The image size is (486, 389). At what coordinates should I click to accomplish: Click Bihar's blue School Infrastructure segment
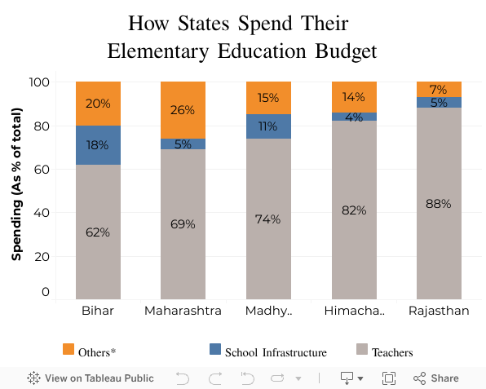point(98,145)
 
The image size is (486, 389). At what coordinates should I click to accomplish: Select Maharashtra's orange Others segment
point(183,110)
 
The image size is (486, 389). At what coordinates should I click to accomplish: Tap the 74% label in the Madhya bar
point(267,219)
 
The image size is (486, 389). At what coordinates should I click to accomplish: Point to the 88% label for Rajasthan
point(438,204)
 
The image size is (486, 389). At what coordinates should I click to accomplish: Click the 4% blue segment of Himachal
point(354,117)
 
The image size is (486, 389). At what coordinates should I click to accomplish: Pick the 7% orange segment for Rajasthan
point(439,89)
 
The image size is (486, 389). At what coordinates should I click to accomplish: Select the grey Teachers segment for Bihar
point(98,232)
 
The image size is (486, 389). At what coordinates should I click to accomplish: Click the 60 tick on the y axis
point(42,170)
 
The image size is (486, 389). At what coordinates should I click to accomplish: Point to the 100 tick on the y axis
point(39,82)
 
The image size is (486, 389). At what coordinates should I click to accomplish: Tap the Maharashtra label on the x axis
point(183,311)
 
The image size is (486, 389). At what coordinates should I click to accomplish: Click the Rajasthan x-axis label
point(439,311)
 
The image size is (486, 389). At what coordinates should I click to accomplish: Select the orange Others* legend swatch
point(68,349)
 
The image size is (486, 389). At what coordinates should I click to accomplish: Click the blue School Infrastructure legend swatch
point(215,349)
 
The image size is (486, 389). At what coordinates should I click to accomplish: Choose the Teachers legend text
point(392,353)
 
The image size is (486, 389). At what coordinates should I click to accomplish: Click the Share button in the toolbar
point(436,378)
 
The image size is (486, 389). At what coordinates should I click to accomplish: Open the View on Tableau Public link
point(91,378)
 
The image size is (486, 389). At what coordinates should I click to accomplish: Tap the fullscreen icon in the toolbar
point(389,378)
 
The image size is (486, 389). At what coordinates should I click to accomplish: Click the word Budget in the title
point(346,51)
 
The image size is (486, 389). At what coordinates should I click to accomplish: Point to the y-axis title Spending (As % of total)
point(17,184)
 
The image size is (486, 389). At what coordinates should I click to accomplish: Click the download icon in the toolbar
point(351,378)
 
